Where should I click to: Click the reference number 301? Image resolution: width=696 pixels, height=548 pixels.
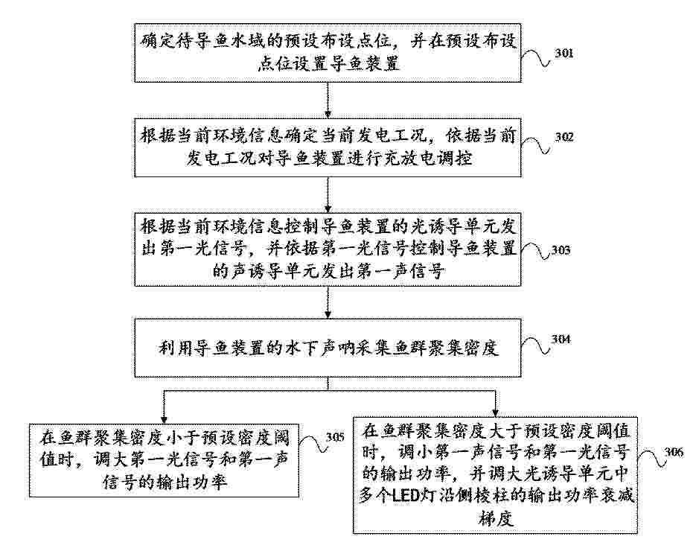click(563, 54)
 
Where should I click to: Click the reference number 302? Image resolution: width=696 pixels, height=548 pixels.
click(563, 137)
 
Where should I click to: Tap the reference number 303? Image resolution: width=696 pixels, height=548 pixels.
click(561, 250)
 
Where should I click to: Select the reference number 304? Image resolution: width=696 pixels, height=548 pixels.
click(561, 340)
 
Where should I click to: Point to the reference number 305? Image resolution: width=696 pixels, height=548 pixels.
click(335, 437)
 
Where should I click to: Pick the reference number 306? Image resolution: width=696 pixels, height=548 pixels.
click(674, 452)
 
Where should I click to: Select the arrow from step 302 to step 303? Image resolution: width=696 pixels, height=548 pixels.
click(328, 194)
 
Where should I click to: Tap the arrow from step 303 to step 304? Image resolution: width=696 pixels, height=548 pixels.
click(328, 302)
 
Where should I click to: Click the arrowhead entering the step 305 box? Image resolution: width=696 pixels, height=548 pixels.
click(164, 418)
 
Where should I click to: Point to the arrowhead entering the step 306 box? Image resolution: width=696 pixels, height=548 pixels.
click(495, 412)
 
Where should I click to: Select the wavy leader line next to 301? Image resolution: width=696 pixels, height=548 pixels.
click(536, 58)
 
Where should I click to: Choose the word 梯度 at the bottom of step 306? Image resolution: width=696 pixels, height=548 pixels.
click(495, 517)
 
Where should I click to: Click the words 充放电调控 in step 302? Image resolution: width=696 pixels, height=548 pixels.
click(427, 158)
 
